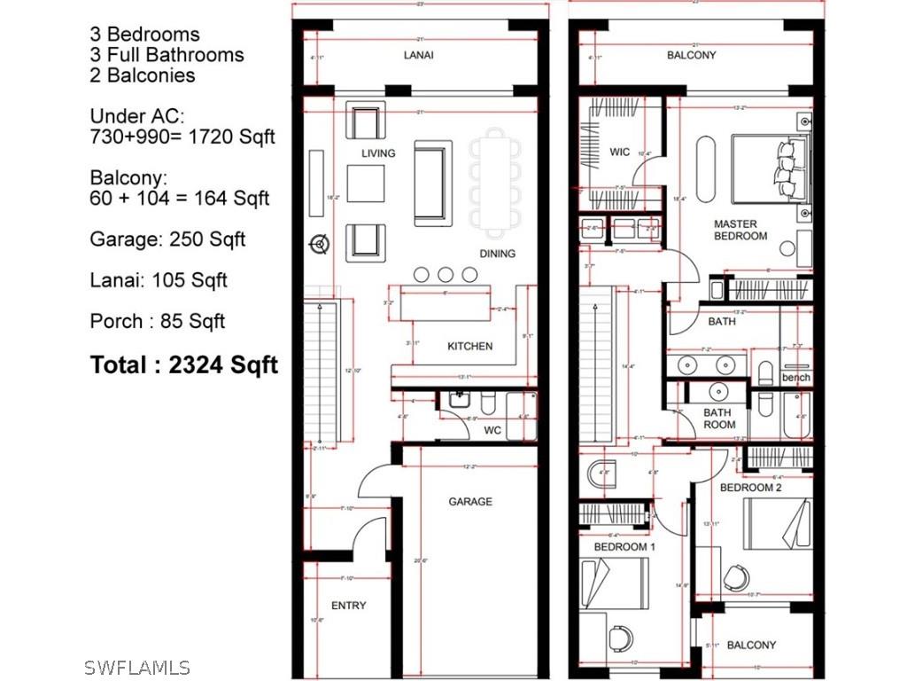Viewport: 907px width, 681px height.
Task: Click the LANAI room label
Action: [x=419, y=55]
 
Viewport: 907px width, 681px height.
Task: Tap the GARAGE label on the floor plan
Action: [x=469, y=502]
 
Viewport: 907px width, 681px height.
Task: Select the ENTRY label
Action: [x=348, y=606]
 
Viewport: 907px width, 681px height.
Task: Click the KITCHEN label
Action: [x=469, y=346]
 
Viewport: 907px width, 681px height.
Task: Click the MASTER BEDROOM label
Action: [x=740, y=231]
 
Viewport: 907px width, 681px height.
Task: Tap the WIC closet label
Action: [x=620, y=153]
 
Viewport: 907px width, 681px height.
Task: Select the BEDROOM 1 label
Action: [x=624, y=547]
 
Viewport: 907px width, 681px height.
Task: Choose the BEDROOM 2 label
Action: [x=750, y=489]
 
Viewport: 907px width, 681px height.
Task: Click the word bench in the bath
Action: [x=796, y=378]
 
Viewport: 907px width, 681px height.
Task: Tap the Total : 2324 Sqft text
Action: [x=184, y=364]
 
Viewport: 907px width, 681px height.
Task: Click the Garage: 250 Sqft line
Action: [x=167, y=239]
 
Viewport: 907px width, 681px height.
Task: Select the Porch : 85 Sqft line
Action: [x=158, y=321]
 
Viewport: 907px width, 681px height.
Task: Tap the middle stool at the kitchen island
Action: [x=446, y=275]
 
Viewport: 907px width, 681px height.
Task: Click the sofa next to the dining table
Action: [x=433, y=183]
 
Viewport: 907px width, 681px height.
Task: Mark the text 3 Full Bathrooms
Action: [x=167, y=55]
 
